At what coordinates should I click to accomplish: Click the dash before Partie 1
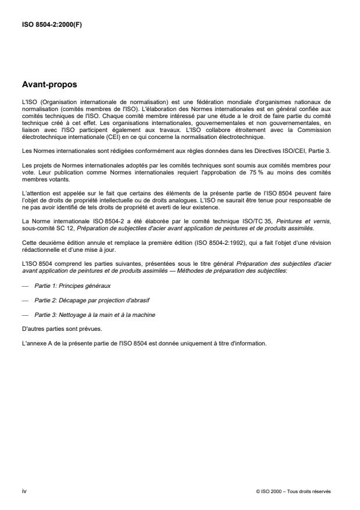[x=24, y=287]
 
